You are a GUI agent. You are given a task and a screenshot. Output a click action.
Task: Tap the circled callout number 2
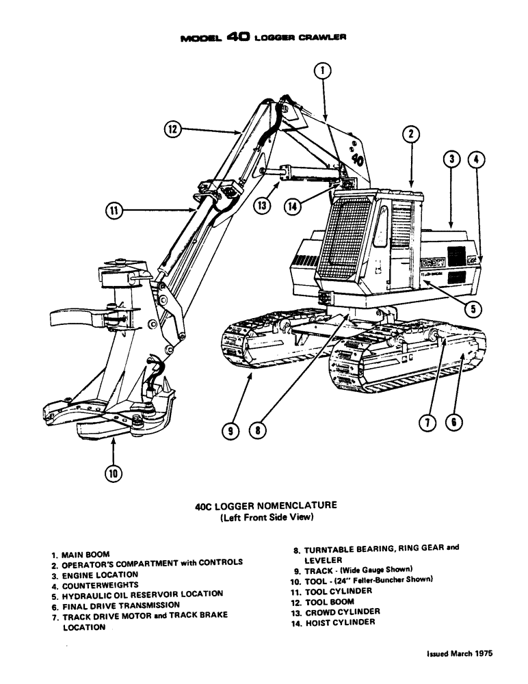(x=410, y=135)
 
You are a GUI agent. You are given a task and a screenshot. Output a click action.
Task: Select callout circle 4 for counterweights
(x=477, y=161)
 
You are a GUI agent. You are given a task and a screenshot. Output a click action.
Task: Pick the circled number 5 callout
(x=471, y=308)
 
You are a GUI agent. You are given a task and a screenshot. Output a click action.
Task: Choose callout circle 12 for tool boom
(x=174, y=129)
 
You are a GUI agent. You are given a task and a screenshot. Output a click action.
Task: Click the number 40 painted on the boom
(x=357, y=159)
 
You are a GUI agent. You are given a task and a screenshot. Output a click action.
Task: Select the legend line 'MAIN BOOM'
(x=85, y=554)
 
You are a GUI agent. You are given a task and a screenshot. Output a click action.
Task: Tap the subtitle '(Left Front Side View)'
(x=265, y=518)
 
